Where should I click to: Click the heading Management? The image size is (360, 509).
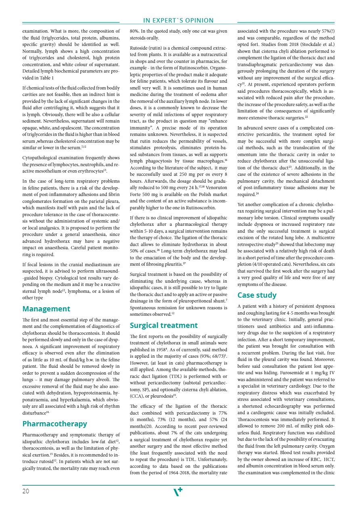point(46,309)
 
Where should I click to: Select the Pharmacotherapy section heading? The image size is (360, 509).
point(54,423)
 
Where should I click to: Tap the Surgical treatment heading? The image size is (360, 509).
point(163,325)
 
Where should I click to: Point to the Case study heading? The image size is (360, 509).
point(257,295)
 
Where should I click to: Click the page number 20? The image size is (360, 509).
point(26,491)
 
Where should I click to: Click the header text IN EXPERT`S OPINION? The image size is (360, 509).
point(179,21)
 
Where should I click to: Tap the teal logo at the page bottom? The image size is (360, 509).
point(178,491)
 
